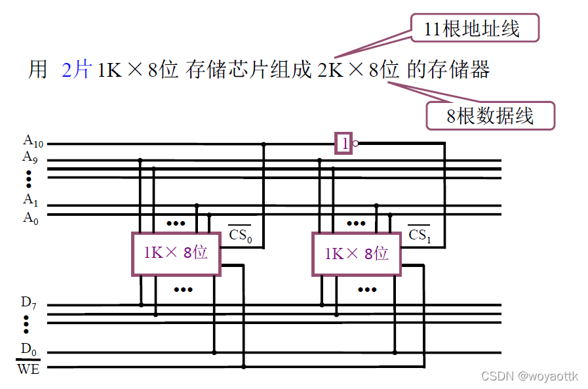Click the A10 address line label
[33, 140]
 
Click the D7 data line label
[28, 303]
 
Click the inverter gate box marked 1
[343, 144]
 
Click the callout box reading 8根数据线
[490, 116]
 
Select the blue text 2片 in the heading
[75, 70]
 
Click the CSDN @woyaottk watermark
[530, 376]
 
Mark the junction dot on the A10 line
[264, 144]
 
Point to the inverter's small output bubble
[355, 144]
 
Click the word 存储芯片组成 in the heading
[248, 70]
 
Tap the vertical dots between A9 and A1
[29, 178]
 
